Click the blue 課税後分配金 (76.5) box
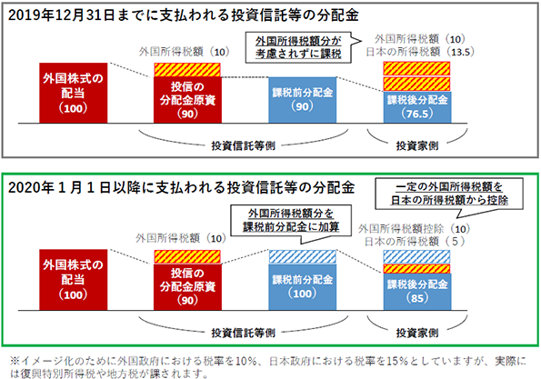417,107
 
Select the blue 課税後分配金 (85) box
417,292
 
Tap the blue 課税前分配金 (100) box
302,287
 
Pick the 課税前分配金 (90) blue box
302,100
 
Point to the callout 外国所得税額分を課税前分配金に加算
291,221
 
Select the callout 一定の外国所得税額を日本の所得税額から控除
449,194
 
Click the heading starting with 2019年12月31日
183,15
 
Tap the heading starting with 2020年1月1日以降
182,187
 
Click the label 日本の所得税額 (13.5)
420,52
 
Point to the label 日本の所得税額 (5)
415,242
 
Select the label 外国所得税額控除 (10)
414,229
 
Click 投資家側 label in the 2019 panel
417,146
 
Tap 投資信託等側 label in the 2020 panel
244,333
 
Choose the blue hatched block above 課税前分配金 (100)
302,257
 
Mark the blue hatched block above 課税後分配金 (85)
417,257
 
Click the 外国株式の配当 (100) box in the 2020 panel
73,280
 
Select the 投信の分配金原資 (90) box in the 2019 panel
187,100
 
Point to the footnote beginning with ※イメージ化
267,367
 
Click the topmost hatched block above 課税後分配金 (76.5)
416,68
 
